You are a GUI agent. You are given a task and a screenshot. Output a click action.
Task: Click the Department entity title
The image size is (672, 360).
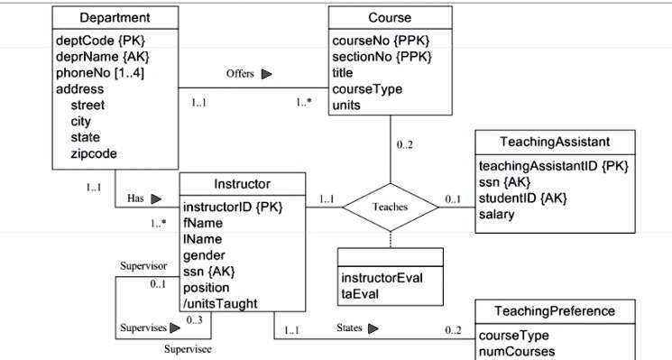click(x=115, y=17)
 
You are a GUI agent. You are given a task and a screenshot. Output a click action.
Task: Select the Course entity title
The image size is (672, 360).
click(x=390, y=17)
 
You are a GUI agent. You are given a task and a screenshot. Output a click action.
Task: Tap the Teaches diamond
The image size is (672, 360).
click(x=390, y=207)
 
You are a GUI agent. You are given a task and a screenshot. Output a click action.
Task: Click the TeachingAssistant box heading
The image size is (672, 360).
click(x=555, y=142)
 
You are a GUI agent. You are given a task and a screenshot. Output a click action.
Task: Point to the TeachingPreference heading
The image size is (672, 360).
click(x=555, y=311)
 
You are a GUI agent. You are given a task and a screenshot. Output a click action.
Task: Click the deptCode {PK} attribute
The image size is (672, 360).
click(x=93, y=41)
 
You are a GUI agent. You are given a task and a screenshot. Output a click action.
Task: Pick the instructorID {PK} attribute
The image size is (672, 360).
click(x=233, y=207)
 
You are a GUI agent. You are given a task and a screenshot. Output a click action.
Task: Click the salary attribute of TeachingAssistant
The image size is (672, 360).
click(x=497, y=214)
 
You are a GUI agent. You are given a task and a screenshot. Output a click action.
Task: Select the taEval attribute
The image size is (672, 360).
click(x=363, y=293)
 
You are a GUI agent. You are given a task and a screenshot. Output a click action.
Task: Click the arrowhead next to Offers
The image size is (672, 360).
click(x=266, y=75)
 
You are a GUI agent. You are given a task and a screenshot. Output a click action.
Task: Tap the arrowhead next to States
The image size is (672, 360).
click(x=373, y=329)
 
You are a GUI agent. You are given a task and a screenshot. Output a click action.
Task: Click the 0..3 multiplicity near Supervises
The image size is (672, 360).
click(x=194, y=319)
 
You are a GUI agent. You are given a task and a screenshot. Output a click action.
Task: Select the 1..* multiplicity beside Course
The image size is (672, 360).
click(x=304, y=102)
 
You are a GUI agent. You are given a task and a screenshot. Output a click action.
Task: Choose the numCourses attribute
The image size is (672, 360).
click(x=517, y=351)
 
